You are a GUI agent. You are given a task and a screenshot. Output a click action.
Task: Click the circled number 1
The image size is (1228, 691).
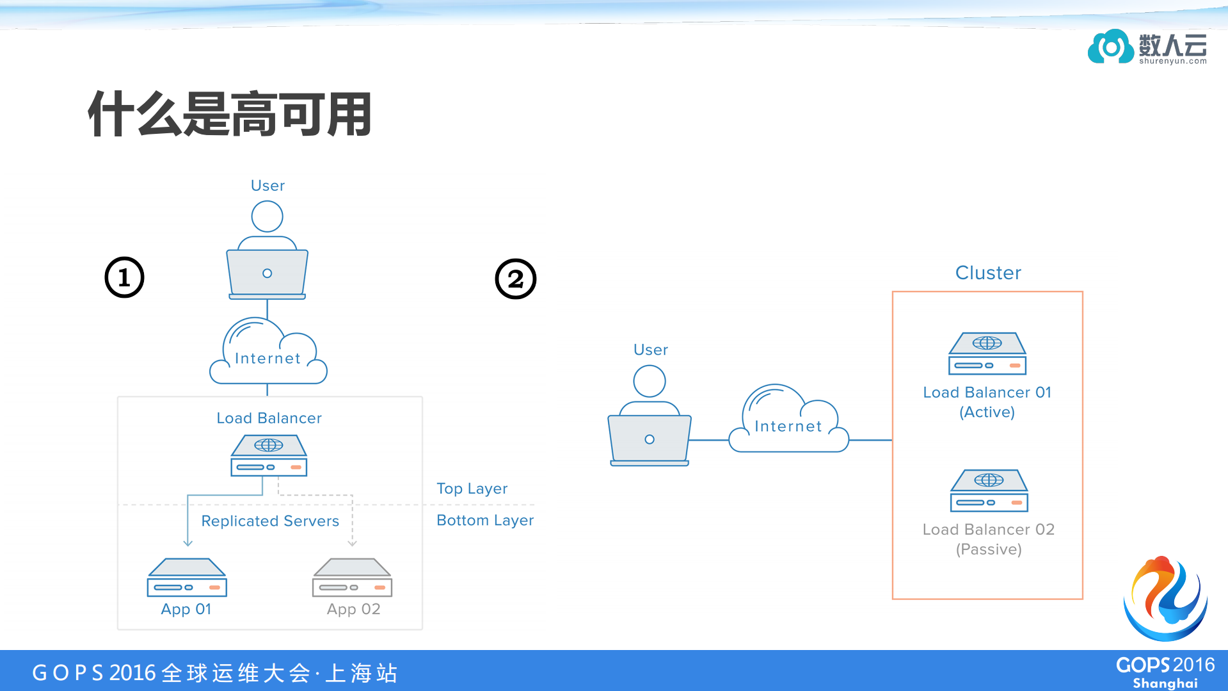click(124, 277)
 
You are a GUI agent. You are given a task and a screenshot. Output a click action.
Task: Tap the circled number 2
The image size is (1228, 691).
click(515, 279)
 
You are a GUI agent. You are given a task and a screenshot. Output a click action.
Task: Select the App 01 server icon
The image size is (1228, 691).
click(187, 577)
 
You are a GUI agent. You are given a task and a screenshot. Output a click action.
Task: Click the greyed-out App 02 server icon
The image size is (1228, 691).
click(352, 577)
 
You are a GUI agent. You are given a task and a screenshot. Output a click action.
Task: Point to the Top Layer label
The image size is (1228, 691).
click(472, 489)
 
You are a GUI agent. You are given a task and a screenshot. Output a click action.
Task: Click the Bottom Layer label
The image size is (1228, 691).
click(484, 520)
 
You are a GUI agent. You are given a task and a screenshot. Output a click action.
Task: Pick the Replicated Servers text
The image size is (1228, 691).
click(269, 521)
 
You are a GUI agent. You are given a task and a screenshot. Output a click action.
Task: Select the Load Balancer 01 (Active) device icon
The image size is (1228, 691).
click(987, 354)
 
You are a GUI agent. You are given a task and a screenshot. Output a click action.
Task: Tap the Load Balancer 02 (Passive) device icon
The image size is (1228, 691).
click(989, 491)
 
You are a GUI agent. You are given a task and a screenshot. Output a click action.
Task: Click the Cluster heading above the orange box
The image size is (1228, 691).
click(987, 273)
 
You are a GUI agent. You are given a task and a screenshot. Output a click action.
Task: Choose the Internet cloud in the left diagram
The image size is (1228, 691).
click(268, 354)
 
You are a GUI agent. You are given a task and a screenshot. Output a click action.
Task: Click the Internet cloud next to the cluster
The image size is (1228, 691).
click(788, 421)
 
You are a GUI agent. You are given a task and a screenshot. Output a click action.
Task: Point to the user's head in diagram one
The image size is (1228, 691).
click(267, 216)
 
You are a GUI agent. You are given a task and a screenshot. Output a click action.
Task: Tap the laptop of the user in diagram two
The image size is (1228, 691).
click(649, 440)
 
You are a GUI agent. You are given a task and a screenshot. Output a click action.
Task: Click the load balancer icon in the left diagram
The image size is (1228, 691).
click(269, 455)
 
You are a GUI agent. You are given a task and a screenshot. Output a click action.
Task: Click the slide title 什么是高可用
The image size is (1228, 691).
click(230, 114)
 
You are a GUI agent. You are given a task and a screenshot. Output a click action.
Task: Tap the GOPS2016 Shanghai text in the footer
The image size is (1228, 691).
click(1165, 672)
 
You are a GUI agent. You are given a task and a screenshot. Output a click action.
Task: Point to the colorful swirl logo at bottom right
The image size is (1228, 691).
click(1165, 599)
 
